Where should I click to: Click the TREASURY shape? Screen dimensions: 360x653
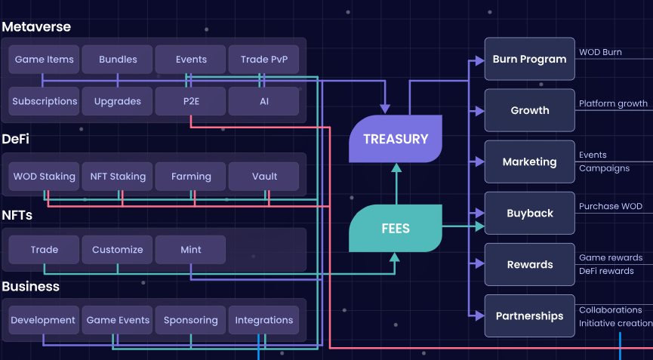(395, 139)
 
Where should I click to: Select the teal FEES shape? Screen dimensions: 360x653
(395, 228)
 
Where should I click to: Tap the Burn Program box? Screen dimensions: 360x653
(529, 59)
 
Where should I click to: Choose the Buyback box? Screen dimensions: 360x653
(529, 213)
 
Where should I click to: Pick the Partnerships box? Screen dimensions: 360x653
(529, 315)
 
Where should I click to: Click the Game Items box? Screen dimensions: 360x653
(43, 60)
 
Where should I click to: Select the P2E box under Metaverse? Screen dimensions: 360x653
(191, 101)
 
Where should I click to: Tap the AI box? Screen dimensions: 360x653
(264, 101)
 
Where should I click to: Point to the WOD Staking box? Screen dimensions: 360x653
(45, 177)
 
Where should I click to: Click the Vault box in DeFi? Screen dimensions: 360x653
(264, 177)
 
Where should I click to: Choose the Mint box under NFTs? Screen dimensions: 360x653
(191, 250)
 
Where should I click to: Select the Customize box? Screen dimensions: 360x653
(117, 250)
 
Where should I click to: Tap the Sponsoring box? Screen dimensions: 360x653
(191, 320)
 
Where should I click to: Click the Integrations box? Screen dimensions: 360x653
(264, 320)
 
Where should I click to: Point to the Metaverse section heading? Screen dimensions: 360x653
(36, 27)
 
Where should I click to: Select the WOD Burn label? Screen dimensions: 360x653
(600, 52)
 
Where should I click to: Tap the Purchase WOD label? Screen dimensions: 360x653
(610, 206)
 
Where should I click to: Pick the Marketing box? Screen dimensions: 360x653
(529, 162)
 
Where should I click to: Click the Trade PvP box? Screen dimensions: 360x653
(264, 60)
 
